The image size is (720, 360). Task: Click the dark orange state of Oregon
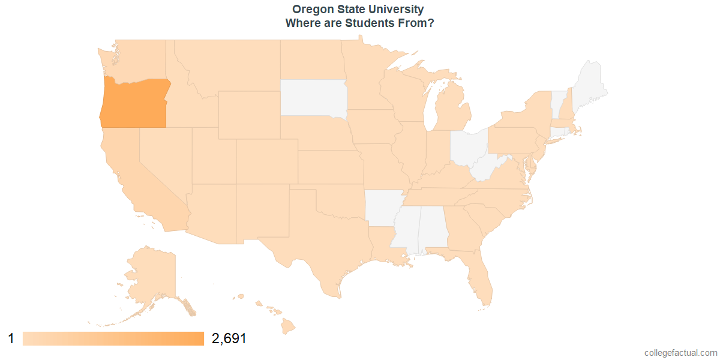click(133, 103)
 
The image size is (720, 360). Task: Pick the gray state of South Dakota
click(312, 97)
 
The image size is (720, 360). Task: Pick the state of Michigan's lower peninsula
click(454, 111)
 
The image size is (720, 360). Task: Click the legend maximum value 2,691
click(229, 338)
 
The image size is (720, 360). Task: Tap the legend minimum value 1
click(11, 338)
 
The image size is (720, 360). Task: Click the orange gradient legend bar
click(113, 338)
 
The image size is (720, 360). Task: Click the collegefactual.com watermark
click(680, 353)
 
